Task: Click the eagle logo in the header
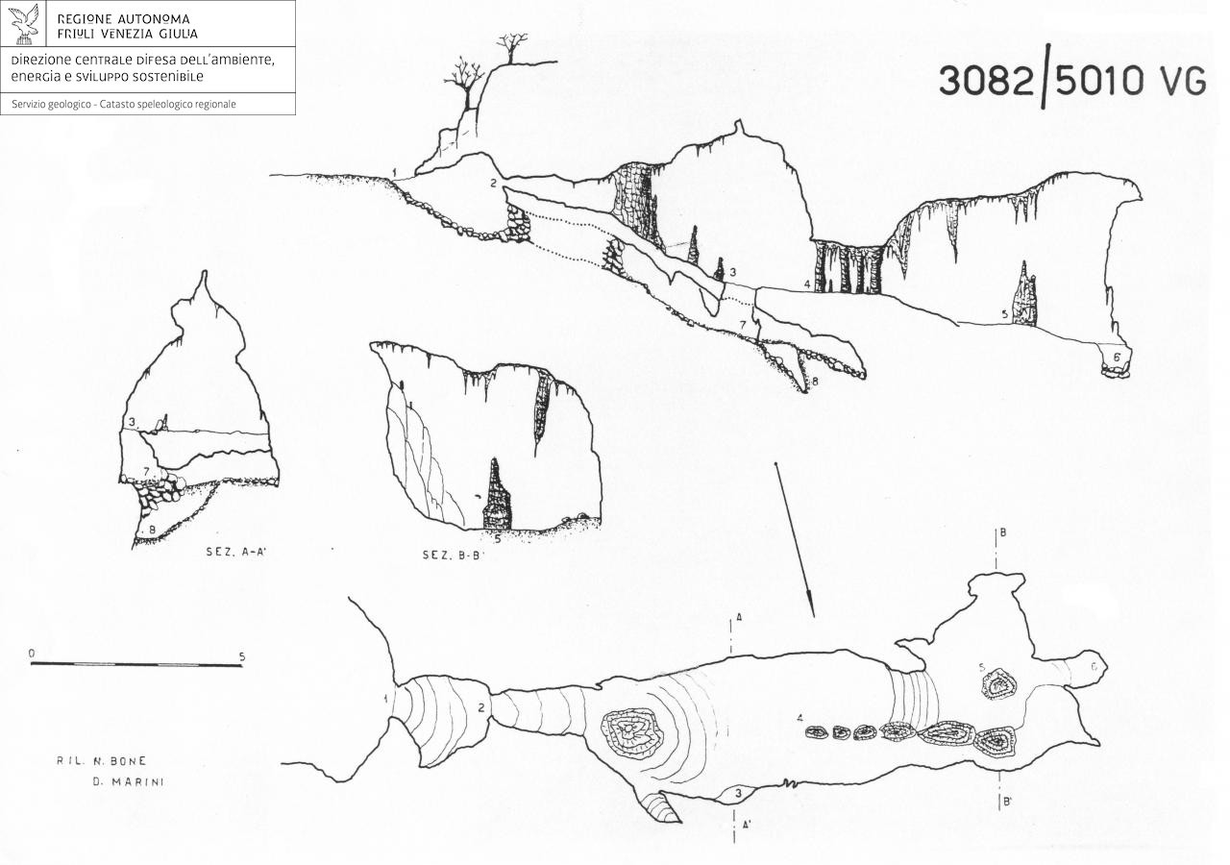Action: [x=26, y=24]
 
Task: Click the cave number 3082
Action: [x=986, y=81]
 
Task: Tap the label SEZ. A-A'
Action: [x=236, y=552]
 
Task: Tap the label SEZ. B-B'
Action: [x=454, y=555]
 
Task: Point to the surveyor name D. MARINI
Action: [x=128, y=782]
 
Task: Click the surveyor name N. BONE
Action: [x=102, y=760]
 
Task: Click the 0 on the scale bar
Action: [x=32, y=654]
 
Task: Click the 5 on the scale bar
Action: [x=242, y=656]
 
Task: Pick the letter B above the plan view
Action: [x=1002, y=532]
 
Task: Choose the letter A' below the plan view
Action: [x=747, y=825]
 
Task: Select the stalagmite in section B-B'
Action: [x=497, y=494]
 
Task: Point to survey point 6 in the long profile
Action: [x=1117, y=357]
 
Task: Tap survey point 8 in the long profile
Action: [x=815, y=381]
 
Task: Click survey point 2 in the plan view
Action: [x=481, y=708]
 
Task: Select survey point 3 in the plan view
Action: [x=739, y=793]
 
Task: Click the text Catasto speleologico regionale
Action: [x=168, y=105]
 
